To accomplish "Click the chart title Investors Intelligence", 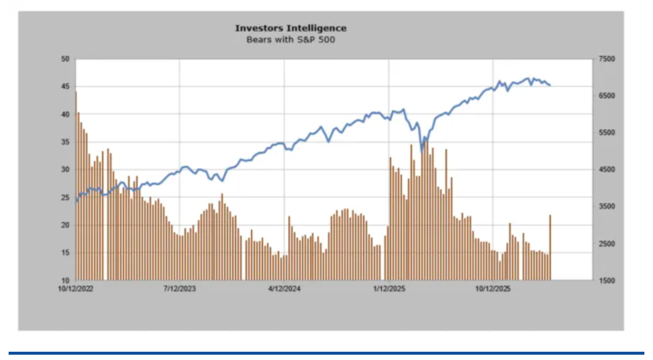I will (x=291, y=28).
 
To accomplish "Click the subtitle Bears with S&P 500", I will (x=291, y=39).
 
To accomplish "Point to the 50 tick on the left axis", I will (x=66, y=59).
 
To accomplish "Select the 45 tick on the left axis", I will (x=66, y=86).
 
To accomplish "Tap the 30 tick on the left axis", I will (x=66, y=170).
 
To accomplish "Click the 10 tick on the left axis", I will (x=66, y=281).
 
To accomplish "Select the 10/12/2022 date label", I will (x=76, y=289).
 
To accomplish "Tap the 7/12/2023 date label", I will (x=180, y=289).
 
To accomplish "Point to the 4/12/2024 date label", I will (x=284, y=289).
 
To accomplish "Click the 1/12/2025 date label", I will (x=389, y=289).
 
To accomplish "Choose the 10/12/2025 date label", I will (x=493, y=289).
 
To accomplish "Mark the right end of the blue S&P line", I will (x=550, y=85).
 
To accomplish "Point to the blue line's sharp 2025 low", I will (x=422, y=151).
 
